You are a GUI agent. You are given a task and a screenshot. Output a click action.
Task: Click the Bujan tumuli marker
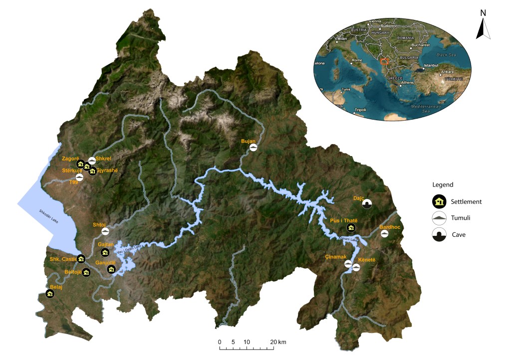click(x=254, y=148)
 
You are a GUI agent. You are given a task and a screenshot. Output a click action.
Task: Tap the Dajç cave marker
click(x=367, y=204)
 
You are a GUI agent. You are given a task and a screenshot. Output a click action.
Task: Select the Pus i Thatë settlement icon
click(x=351, y=228)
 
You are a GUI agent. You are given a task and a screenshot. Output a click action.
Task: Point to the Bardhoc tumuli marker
click(x=384, y=234)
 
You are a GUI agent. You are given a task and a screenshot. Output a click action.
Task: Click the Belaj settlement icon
click(x=50, y=294)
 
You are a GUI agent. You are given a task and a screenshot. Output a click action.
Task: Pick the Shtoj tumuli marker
click(x=105, y=231)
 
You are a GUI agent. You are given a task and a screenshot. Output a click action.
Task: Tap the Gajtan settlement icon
click(x=105, y=252)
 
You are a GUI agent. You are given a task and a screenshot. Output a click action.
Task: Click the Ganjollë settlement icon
click(x=112, y=270)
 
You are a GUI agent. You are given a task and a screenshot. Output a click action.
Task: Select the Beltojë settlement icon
click(x=86, y=272)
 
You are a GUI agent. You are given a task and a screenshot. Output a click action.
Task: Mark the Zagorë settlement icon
click(x=80, y=164)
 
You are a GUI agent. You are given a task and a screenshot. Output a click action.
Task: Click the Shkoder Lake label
click(x=49, y=217)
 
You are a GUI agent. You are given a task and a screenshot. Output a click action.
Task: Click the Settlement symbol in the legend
click(x=439, y=202)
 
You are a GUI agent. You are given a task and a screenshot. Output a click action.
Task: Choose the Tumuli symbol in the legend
click(x=439, y=218)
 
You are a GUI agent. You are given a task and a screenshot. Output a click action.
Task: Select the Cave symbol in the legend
click(x=439, y=234)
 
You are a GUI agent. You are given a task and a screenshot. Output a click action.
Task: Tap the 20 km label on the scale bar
click(x=278, y=342)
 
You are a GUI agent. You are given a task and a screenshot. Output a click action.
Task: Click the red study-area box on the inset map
click(x=384, y=61)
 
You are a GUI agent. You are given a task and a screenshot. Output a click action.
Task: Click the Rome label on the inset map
click(x=357, y=60)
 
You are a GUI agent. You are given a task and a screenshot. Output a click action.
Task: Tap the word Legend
click(x=443, y=184)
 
